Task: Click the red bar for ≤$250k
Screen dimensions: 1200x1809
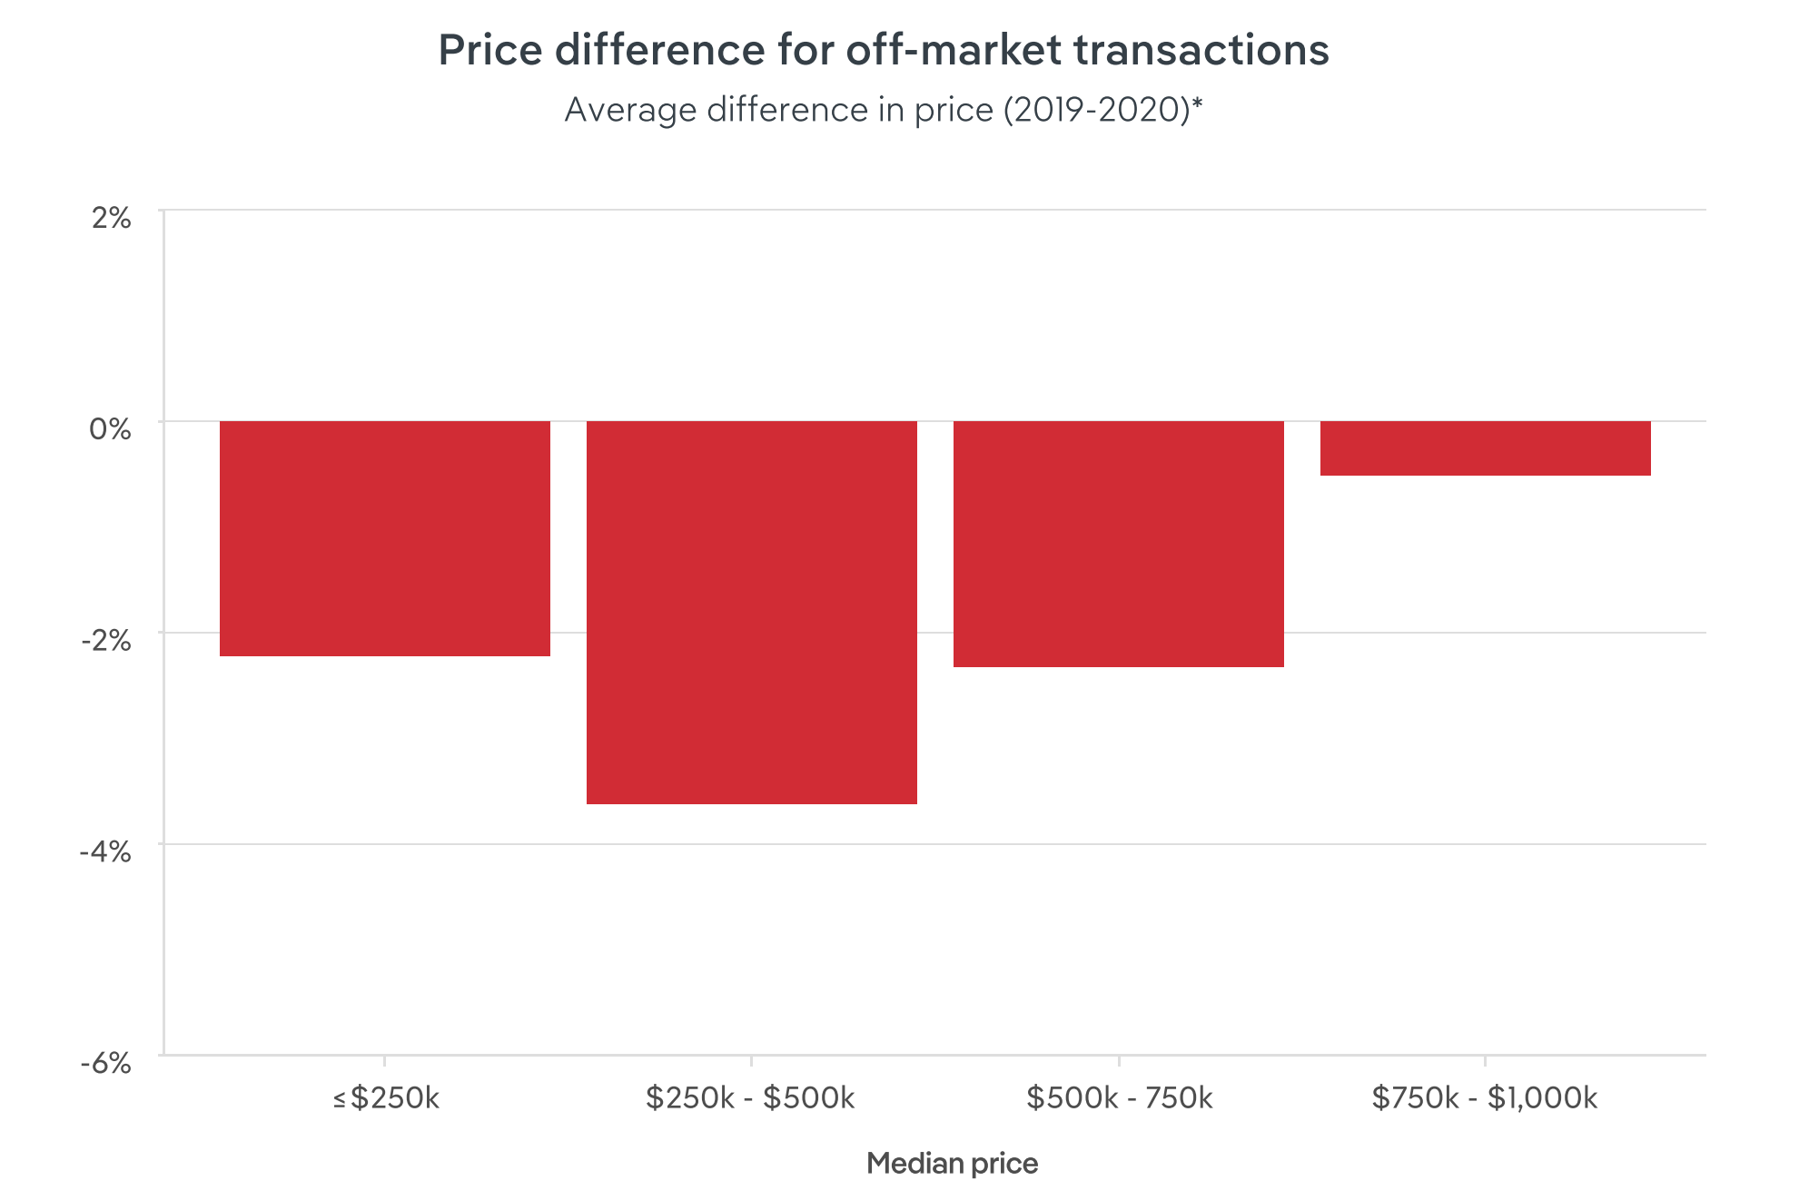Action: pos(384,538)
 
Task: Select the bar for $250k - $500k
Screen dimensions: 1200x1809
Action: pos(751,612)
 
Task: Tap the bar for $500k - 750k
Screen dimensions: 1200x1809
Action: pos(1118,544)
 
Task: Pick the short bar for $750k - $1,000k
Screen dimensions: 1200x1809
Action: pos(1485,448)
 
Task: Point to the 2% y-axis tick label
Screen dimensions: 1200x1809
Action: pos(111,218)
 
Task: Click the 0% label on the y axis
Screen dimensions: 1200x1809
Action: pos(110,428)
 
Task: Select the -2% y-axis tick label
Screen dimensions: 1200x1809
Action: pos(106,640)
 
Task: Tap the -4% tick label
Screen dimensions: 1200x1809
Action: pos(105,851)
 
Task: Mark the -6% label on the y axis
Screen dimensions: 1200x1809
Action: pos(105,1063)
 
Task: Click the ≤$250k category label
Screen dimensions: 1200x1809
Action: pos(385,1098)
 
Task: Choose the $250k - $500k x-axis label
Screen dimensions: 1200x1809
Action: pos(750,1098)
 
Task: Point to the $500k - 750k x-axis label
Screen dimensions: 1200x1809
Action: pos(1119,1098)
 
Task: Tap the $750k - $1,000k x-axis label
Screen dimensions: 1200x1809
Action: pos(1484,1098)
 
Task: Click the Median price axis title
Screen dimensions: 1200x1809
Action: pos(951,1164)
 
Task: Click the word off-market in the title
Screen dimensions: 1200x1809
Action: pos(953,50)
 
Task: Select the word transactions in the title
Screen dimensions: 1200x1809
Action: pos(1201,50)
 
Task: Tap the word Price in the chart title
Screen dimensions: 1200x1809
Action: pos(489,50)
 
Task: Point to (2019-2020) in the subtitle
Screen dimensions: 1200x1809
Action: pos(1096,110)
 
